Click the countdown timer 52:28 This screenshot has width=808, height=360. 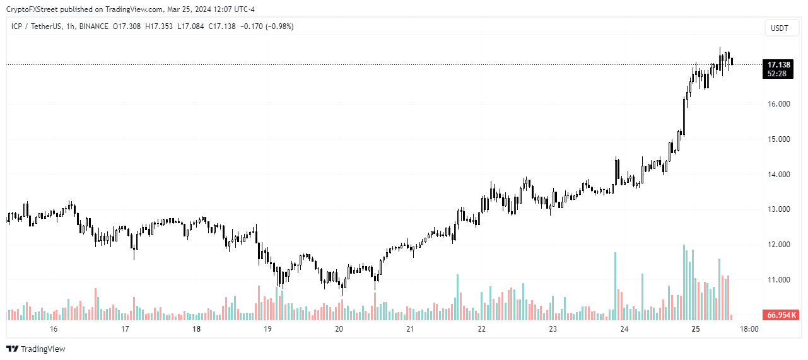point(776,74)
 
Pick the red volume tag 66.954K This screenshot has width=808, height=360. point(781,315)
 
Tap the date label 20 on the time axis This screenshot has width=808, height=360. point(339,329)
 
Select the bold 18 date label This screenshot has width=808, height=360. point(196,329)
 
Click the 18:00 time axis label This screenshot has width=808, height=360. point(749,329)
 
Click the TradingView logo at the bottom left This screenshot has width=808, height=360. point(36,349)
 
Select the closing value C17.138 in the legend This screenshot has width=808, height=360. point(223,26)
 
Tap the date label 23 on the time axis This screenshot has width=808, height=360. point(553,329)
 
